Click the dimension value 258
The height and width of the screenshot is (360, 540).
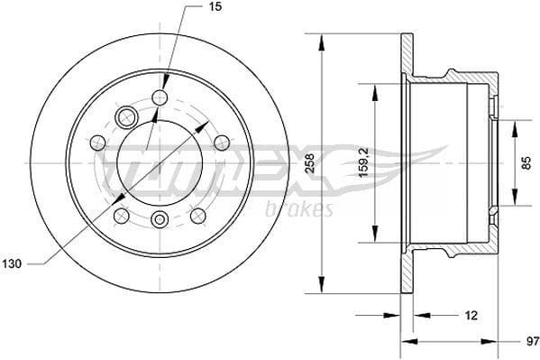coord(309,163)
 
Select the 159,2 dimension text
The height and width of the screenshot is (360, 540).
coord(361,163)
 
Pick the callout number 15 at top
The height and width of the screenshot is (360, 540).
coord(215,7)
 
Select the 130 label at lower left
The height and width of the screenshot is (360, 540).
coord(12,263)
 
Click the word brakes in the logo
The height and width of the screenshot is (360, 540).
coord(299,209)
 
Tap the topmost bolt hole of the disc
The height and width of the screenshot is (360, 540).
coord(160,97)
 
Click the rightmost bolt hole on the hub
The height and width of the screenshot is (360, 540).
coord(222,142)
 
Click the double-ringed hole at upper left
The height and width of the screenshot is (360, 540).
coord(125,115)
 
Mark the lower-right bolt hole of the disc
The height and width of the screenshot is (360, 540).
coord(197,215)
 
